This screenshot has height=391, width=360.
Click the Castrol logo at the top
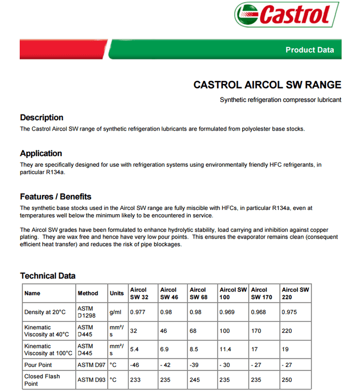(x=286, y=14)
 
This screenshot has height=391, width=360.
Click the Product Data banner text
(x=309, y=50)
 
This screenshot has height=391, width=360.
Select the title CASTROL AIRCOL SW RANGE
(x=267, y=85)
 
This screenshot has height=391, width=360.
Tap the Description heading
(x=42, y=118)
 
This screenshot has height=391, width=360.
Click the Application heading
(x=41, y=153)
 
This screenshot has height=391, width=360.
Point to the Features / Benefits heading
(x=55, y=197)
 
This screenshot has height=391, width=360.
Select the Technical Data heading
(x=47, y=276)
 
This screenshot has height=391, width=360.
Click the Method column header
(x=88, y=293)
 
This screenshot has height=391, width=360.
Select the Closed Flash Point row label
(x=42, y=380)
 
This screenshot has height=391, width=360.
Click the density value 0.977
(x=138, y=312)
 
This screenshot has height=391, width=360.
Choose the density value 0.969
(x=227, y=312)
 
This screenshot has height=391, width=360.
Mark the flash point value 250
(x=287, y=380)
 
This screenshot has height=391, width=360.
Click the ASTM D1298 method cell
(x=85, y=312)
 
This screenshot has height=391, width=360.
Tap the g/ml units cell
(x=116, y=312)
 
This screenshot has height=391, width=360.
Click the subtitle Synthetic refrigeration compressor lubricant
(x=280, y=100)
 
